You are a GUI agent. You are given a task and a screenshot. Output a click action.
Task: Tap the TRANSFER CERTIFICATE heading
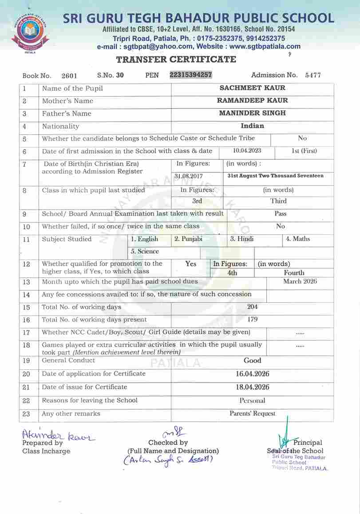tap(176, 59)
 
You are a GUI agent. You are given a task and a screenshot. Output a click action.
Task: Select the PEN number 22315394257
tap(191, 75)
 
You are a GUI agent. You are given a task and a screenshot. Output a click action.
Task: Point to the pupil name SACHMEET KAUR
tap(253, 88)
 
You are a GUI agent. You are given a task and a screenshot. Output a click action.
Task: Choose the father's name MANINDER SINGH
tap(253, 113)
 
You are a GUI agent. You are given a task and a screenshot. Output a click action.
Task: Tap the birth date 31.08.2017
tap(189, 176)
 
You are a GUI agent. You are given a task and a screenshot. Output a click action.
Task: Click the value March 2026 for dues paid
tap(300, 281)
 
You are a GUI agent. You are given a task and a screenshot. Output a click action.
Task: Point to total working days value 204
tap(252, 307)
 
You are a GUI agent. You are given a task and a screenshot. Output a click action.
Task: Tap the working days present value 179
tap(252, 319)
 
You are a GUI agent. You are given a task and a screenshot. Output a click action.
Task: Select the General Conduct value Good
tap(252, 360)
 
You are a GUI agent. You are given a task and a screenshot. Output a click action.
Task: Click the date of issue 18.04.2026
tap(252, 387)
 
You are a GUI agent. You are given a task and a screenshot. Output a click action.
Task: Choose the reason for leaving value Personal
tap(252, 400)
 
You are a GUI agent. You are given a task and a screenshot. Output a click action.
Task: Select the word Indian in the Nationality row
tap(252, 126)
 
